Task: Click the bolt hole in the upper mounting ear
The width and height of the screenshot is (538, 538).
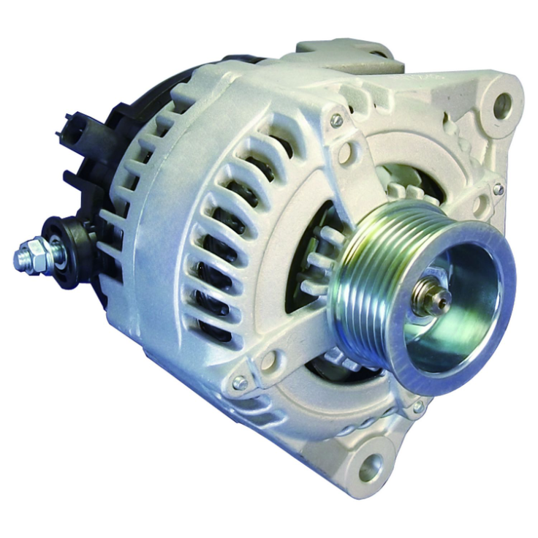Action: tap(502, 106)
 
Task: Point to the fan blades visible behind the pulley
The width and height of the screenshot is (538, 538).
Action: tap(322, 256)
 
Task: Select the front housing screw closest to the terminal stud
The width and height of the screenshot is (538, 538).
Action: tap(238, 382)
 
